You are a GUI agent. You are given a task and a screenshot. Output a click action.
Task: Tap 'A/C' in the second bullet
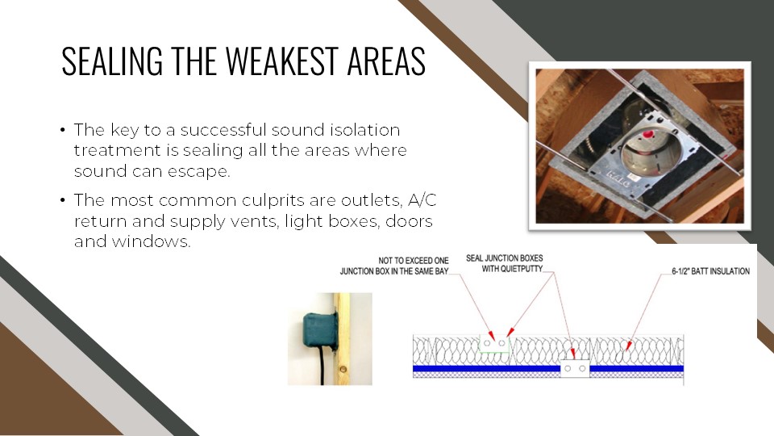click(422, 200)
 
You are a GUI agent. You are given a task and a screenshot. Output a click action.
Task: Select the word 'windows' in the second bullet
click(151, 241)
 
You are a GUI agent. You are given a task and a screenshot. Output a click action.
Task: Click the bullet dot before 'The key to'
click(63, 131)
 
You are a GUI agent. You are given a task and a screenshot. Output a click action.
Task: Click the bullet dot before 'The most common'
click(63, 201)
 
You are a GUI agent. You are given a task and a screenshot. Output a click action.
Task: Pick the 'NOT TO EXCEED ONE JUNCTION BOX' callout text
click(394, 266)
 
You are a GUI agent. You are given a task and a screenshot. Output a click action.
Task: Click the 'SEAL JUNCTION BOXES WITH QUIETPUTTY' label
click(505, 263)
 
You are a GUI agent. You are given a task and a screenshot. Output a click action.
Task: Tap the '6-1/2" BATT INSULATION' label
click(711, 271)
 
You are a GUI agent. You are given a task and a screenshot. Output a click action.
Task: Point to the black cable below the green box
click(322, 366)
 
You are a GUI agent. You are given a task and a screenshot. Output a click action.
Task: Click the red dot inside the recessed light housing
click(648, 135)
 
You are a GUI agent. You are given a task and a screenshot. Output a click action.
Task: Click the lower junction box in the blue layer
click(575, 368)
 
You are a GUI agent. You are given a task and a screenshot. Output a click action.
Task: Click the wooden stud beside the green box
click(342, 339)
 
